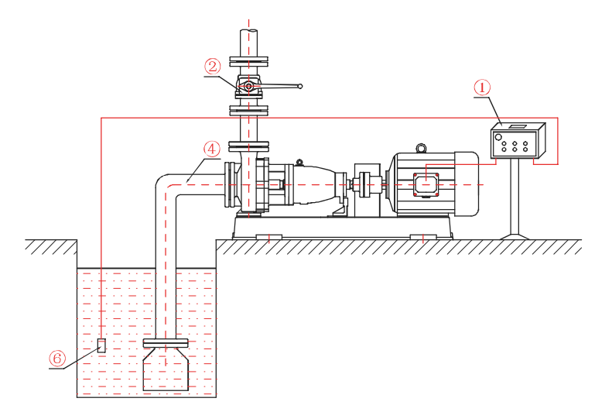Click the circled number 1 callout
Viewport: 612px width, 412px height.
[482, 88]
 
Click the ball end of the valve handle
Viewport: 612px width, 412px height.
[300, 86]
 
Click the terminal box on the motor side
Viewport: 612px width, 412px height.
[427, 184]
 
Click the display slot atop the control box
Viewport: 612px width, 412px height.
[518, 125]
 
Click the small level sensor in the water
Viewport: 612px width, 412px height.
[101, 345]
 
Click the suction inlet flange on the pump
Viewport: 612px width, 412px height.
[229, 184]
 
